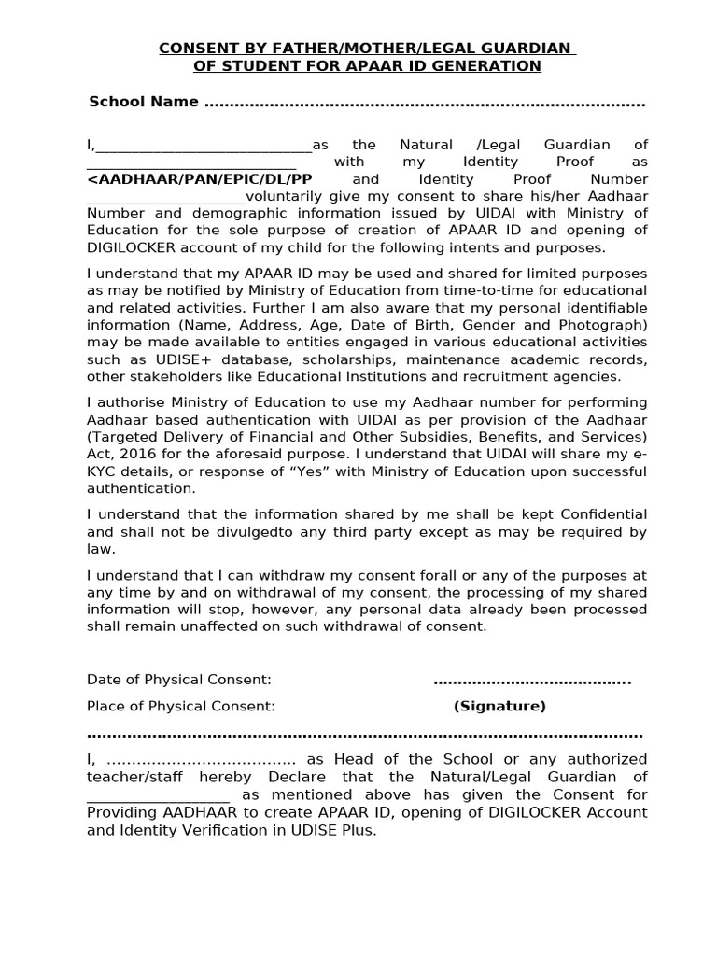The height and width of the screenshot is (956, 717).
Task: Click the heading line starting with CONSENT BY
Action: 366,48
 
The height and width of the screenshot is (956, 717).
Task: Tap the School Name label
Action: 143,102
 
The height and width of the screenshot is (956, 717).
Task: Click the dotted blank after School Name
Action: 424,103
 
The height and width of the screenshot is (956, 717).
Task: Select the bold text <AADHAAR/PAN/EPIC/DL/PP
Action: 200,179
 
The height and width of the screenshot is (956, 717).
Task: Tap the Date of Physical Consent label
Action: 179,680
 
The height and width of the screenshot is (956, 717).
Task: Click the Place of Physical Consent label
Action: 181,707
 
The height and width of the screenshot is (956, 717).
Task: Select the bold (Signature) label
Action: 499,707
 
